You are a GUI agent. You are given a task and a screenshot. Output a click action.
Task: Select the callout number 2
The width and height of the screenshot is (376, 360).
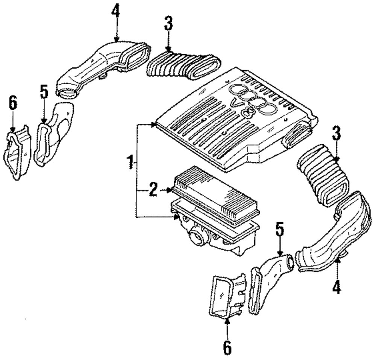pos(152,190)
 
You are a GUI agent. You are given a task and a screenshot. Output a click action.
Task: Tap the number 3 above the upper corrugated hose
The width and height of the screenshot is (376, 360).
pos(168,24)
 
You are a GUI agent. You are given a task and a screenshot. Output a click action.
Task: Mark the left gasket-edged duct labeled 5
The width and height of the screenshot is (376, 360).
pos(53,135)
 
